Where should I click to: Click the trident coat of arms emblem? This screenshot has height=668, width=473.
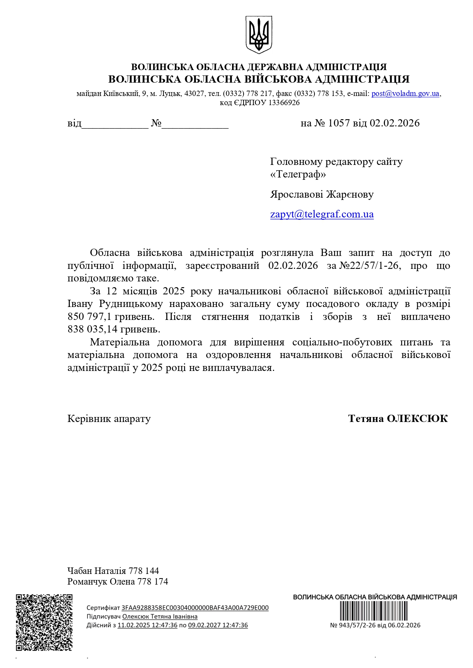(259, 35)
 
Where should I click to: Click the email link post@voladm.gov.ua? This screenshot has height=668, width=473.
(405, 93)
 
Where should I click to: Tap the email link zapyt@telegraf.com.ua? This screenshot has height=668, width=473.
(322, 214)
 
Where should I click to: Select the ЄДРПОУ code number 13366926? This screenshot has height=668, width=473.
(284, 103)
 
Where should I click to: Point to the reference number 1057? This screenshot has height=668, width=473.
(338, 123)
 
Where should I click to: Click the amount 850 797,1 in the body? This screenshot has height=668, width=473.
(90, 316)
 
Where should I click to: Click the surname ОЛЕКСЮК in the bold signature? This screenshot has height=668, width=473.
(417, 419)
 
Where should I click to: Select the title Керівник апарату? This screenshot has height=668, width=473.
(109, 419)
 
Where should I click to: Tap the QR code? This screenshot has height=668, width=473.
(44, 622)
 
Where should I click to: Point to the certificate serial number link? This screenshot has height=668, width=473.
(195, 608)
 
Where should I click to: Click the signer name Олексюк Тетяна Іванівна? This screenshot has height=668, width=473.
(160, 617)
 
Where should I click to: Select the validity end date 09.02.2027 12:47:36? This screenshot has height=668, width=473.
(218, 625)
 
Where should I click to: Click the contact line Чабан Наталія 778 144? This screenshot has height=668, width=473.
(113, 571)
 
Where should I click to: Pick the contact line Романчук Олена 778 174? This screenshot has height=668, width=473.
(117, 582)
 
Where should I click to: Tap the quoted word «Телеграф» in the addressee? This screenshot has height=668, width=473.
(298, 174)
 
